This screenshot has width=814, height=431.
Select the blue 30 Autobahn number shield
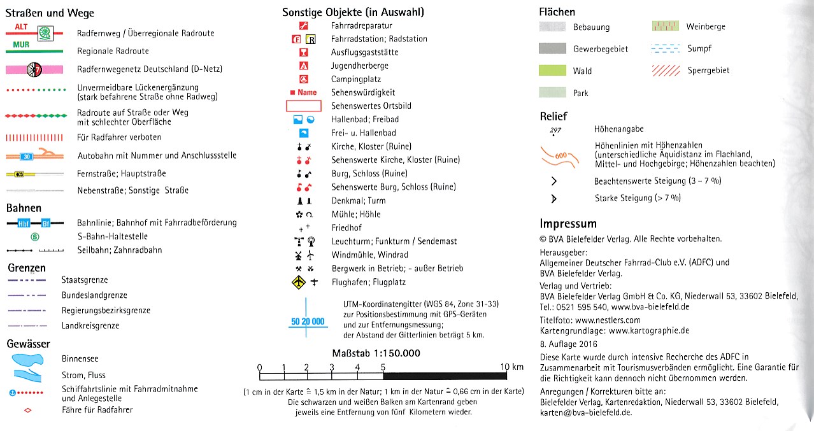[x=25, y=156]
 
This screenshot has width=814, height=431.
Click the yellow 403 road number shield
[x=19, y=174]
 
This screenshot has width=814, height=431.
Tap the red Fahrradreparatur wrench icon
[x=304, y=25]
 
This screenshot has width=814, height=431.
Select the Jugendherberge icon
[x=304, y=66]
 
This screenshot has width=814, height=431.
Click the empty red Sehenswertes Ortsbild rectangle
[x=304, y=106]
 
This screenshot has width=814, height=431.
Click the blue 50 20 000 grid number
[x=308, y=321]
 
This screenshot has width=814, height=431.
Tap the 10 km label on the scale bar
[x=511, y=367]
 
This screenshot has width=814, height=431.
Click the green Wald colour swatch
[x=552, y=71]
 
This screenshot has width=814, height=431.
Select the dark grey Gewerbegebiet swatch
[x=552, y=48]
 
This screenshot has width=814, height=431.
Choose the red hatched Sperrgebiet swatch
[x=665, y=71]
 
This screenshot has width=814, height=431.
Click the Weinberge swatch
[x=665, y=26]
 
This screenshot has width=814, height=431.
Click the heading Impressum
[x=568, y=223]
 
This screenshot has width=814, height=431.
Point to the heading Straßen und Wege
[x=50, y=13]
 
